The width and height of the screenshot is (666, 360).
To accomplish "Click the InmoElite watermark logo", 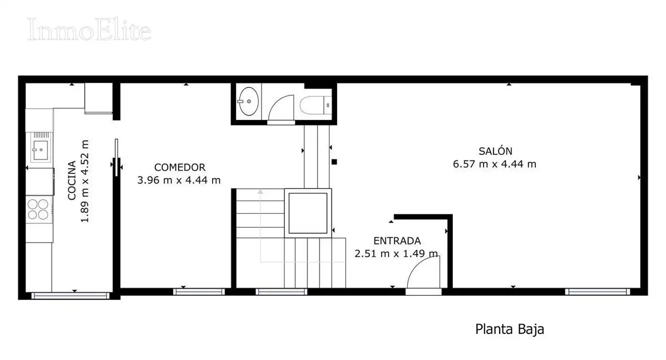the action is [x=89, y=29].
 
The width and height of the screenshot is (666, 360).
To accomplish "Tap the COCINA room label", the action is [x=72, y=181].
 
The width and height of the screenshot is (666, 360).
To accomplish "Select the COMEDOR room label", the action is [x=180, y=167].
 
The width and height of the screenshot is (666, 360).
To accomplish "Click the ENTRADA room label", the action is [x=397, y=241].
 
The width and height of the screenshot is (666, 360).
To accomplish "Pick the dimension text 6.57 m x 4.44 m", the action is [x=495, y=164].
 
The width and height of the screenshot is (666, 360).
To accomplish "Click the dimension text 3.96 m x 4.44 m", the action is [x=179, y=180].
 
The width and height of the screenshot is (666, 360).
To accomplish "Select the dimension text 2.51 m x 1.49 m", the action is [x=396, y=253].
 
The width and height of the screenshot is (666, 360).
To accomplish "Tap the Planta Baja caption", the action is [x=509, y=329].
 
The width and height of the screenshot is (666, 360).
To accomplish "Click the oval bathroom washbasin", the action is [x=249, y=102].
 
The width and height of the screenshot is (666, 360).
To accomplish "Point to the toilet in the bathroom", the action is [x=316, y=105].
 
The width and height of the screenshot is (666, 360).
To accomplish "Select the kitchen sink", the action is [x=40, y=150].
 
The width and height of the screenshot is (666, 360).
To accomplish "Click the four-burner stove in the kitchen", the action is [x=38, y=209].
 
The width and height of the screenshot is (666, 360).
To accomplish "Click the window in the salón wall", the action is [x=598, y=292].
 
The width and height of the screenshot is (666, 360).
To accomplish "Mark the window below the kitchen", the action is [x=70, y=296].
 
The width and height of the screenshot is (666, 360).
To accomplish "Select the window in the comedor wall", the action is [x=199, y=292].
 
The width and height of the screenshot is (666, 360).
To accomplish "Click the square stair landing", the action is [x=308, y=213].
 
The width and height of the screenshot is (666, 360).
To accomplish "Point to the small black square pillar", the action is [x=334, y=162].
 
